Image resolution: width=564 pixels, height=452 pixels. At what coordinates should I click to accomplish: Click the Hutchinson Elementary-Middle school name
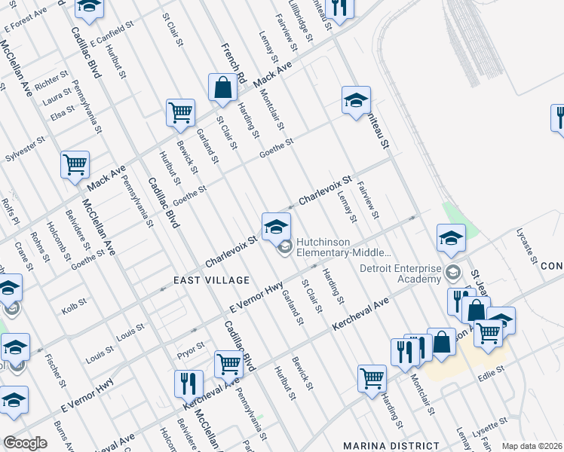[343, 248]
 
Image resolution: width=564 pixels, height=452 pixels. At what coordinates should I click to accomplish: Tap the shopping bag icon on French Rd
[224, 88]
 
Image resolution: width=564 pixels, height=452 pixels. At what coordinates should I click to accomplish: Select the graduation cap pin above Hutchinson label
[276, 225]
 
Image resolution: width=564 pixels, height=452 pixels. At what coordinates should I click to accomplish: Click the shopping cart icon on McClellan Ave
[75, 164]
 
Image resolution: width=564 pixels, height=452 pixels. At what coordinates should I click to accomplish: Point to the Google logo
[26, 443]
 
